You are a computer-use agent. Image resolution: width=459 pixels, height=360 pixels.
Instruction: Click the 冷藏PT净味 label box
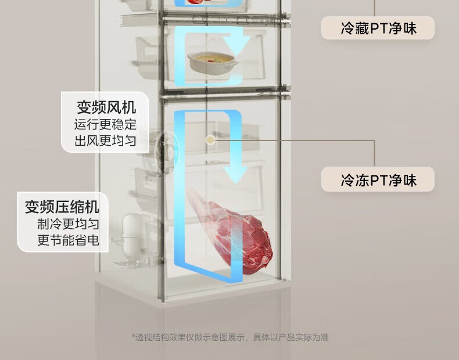(378, 27)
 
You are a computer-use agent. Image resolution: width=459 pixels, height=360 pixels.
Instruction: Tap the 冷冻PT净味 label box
(378, 179)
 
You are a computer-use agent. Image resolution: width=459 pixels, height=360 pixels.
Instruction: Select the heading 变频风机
(106, 107)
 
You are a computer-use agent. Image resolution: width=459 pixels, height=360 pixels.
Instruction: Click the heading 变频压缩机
(62, 206)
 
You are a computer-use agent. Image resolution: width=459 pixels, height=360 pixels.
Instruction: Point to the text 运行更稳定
(105, 124)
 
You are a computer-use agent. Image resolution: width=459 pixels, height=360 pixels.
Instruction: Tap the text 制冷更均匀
(69, 224)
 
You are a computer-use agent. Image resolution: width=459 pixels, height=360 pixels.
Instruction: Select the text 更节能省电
(69, 239)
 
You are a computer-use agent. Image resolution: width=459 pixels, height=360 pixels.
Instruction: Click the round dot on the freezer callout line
(210, 139)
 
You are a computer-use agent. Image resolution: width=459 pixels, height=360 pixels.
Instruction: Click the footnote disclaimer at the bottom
(229, 337)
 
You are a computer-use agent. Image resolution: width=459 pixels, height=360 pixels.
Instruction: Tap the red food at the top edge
(201, 2)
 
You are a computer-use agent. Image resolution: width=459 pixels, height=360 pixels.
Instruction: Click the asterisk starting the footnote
(133, 336)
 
